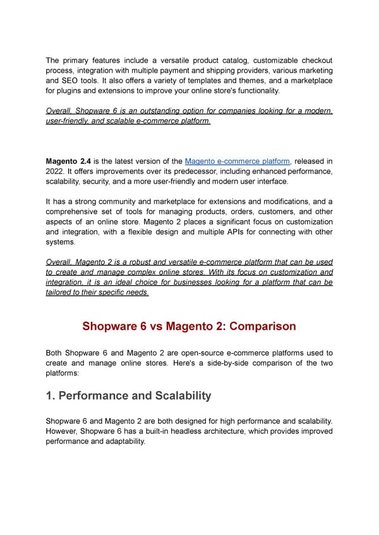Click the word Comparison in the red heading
click(x=256, y=327)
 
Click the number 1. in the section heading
click(x=51, y=396)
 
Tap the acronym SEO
click(x=69, y=80)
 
